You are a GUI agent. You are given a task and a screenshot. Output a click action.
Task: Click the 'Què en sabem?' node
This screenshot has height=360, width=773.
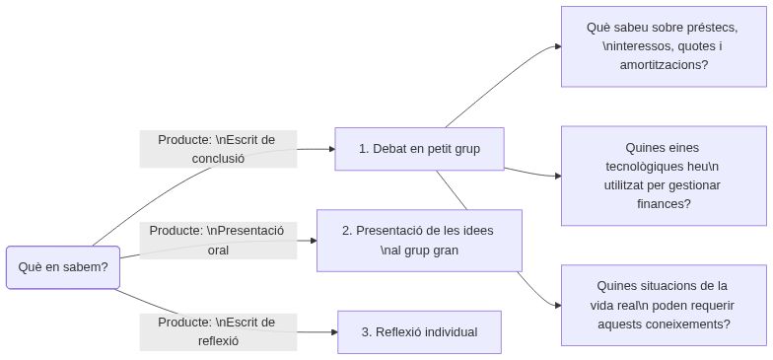coord(62,267)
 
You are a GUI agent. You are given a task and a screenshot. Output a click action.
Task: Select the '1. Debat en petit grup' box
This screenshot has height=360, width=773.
coord(419,149)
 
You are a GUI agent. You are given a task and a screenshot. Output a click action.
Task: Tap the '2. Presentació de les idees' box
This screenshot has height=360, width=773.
coord(418,240)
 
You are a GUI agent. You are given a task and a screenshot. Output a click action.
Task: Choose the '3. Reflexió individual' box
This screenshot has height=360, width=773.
coord(419,332)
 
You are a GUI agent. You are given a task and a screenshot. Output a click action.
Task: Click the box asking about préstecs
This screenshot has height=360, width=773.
coord(663,46)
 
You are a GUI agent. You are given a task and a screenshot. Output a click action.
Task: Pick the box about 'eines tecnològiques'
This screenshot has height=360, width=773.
coord(663,176)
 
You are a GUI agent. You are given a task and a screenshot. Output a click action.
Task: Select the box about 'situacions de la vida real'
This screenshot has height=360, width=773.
coord(663,305)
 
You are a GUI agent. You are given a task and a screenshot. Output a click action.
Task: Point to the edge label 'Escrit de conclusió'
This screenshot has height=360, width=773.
coord(218,149)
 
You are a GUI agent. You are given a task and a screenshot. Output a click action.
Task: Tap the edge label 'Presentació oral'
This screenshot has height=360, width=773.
coord(218,240)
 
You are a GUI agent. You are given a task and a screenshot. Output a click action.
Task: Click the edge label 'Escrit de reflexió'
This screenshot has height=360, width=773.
coord(218,331)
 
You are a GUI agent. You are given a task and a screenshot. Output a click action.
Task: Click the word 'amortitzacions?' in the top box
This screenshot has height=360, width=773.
coord(663,65)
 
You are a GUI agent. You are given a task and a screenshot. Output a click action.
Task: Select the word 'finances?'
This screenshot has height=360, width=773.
coord(663,204)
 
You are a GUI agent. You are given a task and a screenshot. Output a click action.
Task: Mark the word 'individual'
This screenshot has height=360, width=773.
coord(448,332)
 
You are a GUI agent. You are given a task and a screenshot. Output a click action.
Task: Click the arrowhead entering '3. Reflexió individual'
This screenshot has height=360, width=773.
coord(332,332)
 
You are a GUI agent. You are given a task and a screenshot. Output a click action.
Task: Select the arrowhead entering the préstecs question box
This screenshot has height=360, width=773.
coord(556,46)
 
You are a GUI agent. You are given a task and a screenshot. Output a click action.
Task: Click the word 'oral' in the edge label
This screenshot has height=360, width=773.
coord(218,250)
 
